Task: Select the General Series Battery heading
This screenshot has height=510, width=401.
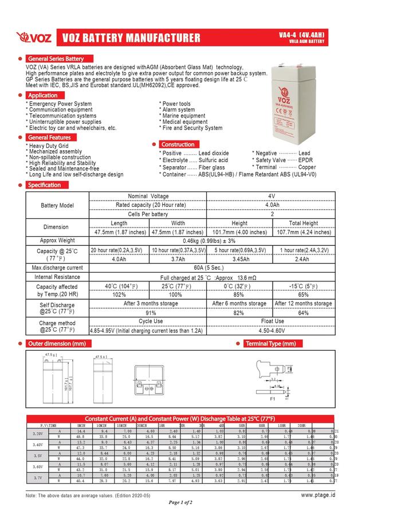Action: (x=56, y=59)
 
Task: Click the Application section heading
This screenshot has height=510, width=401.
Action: (x=43, y=95)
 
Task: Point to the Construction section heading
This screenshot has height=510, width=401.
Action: (x=178, y=144)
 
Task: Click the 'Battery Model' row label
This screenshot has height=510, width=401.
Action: (x=57, y=205)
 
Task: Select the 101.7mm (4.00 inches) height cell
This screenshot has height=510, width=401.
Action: (x=239, y=232)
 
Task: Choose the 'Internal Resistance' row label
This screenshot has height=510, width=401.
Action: (x=57, y=277)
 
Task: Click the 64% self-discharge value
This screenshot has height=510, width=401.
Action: (x=303, y=313)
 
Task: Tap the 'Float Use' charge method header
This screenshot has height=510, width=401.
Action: (x=272, y=321)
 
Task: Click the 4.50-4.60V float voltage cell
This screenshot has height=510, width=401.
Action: (x=272, y=331)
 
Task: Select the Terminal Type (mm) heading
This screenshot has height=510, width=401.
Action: (x=270, y=344)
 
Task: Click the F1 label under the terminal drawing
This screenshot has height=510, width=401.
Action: (x=273, y=397)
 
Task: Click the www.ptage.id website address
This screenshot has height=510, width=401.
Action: (x=318, y=494)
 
